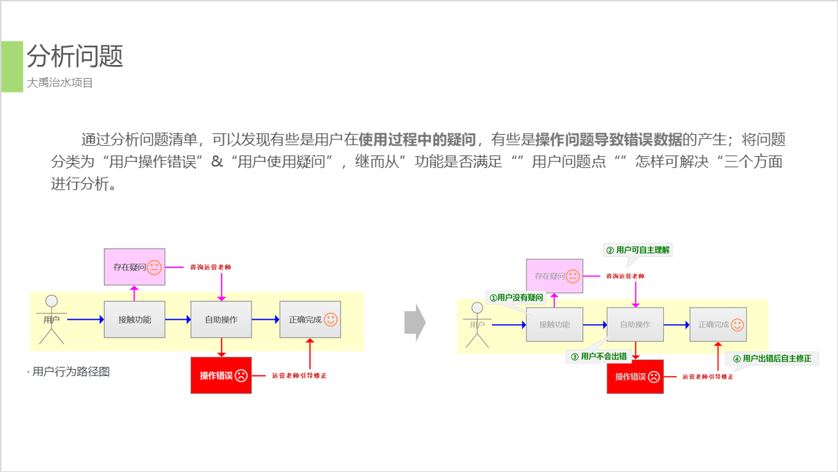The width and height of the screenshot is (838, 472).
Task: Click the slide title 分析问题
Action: [x=75, y=56]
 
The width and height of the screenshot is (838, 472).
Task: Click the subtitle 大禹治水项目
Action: [x=60, y=83]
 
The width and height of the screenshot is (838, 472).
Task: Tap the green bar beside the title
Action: [x=12, y=66]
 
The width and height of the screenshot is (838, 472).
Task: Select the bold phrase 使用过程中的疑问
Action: [x=417, y=140]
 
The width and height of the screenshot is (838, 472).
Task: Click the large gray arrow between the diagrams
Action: [x=415, y=322]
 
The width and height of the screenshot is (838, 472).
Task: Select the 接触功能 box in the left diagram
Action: [x=135, y=319]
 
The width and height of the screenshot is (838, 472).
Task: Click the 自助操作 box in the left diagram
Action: [x=221, y=319]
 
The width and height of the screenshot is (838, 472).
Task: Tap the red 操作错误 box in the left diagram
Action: [x=221, y=375]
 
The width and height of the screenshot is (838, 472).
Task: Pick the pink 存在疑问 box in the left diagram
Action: [x=135, y=267]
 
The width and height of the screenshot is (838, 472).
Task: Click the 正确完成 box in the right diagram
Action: [x=718, y=325]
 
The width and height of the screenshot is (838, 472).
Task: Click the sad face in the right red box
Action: [x=654, y=377]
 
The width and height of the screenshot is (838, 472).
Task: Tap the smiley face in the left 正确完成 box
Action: [x=331, y=319]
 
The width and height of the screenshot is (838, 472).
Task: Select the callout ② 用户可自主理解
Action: [x=638, y=250]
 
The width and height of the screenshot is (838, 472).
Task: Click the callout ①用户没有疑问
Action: [x=516, y=298]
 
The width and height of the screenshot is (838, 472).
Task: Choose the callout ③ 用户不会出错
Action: [x=598, y=357]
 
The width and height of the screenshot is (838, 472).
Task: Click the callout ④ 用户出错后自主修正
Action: [x=772, y=359]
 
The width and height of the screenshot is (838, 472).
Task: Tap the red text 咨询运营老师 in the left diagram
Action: [x=211, y=267]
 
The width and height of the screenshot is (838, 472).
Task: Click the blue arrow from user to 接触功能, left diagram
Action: [x=85, y=319]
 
